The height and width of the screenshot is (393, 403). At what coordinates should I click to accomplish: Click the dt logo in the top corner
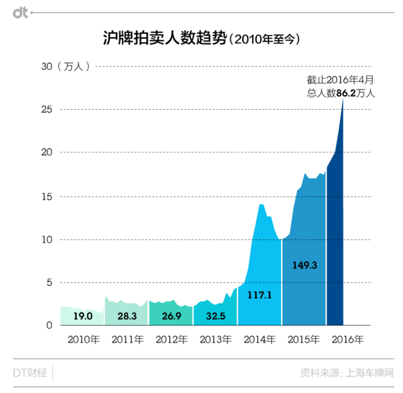click(20, 12)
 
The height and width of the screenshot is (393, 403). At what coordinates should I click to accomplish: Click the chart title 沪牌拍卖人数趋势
click(163, 39)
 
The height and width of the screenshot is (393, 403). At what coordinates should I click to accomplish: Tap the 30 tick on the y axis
click(46, 66)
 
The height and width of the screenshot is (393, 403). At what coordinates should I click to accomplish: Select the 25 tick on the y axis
click(46, 109)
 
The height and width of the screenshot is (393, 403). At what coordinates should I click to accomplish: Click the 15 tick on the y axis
click(46, 196)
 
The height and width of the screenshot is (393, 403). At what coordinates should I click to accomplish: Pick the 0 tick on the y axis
click(49, 326)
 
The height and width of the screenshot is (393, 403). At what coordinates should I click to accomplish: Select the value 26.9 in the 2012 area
click(171, 315)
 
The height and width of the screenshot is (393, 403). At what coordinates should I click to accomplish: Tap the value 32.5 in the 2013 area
click(215, 315)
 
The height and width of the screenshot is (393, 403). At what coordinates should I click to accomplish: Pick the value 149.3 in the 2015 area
click(304, 265)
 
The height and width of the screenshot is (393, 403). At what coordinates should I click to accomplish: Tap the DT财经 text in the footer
click(29, 373)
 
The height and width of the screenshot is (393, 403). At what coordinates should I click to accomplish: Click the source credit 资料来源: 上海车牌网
click(347, 373)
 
